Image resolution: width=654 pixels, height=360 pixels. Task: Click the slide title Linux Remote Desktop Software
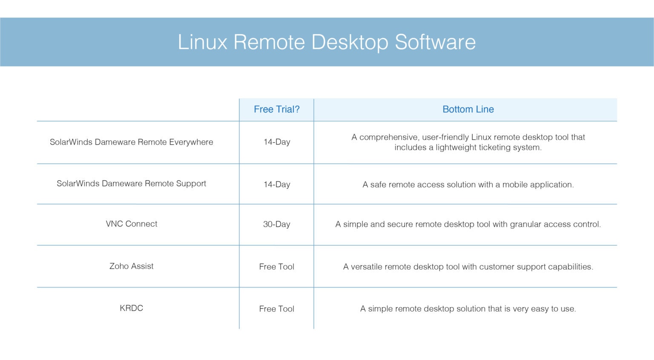pyautogui.click(x=327, y=42)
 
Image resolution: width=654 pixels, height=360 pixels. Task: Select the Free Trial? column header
pyautogui.click(x=277, y=109)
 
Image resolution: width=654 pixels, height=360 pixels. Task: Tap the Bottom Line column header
pyautogui.click(x=468, y=109)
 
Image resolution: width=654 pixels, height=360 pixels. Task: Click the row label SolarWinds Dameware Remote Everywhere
pyautogui.click(x=131, y=142)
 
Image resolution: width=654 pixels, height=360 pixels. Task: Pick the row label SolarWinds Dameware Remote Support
pyautogui.click(x=131, y=184)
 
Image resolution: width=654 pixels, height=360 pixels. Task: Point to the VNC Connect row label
pyautogui.click(x=131, y=224)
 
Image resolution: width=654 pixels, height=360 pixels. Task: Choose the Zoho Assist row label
pyautogui.click(x=131, y=266)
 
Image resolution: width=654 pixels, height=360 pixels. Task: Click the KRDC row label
pyautogui.click(x=131, y=308)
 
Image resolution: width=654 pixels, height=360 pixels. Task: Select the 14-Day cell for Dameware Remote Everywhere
pyautogui.click(x=277, y=142)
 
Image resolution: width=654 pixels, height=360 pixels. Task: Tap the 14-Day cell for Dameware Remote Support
pyautogui.click(x=277, y=184)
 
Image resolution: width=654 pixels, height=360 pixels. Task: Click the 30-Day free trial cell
pyautogui.click(x=277, y=225)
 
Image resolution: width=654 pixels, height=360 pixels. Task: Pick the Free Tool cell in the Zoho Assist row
pyautogui.click(x=277, y=267)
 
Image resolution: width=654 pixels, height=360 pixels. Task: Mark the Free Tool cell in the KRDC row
pyautogui.click(x=277, y=309)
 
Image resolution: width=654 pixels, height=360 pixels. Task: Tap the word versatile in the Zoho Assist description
pyautogui.click(x=366, y=267)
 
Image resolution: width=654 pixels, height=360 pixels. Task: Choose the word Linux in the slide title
pyautogui.click(x=202, y=42)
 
